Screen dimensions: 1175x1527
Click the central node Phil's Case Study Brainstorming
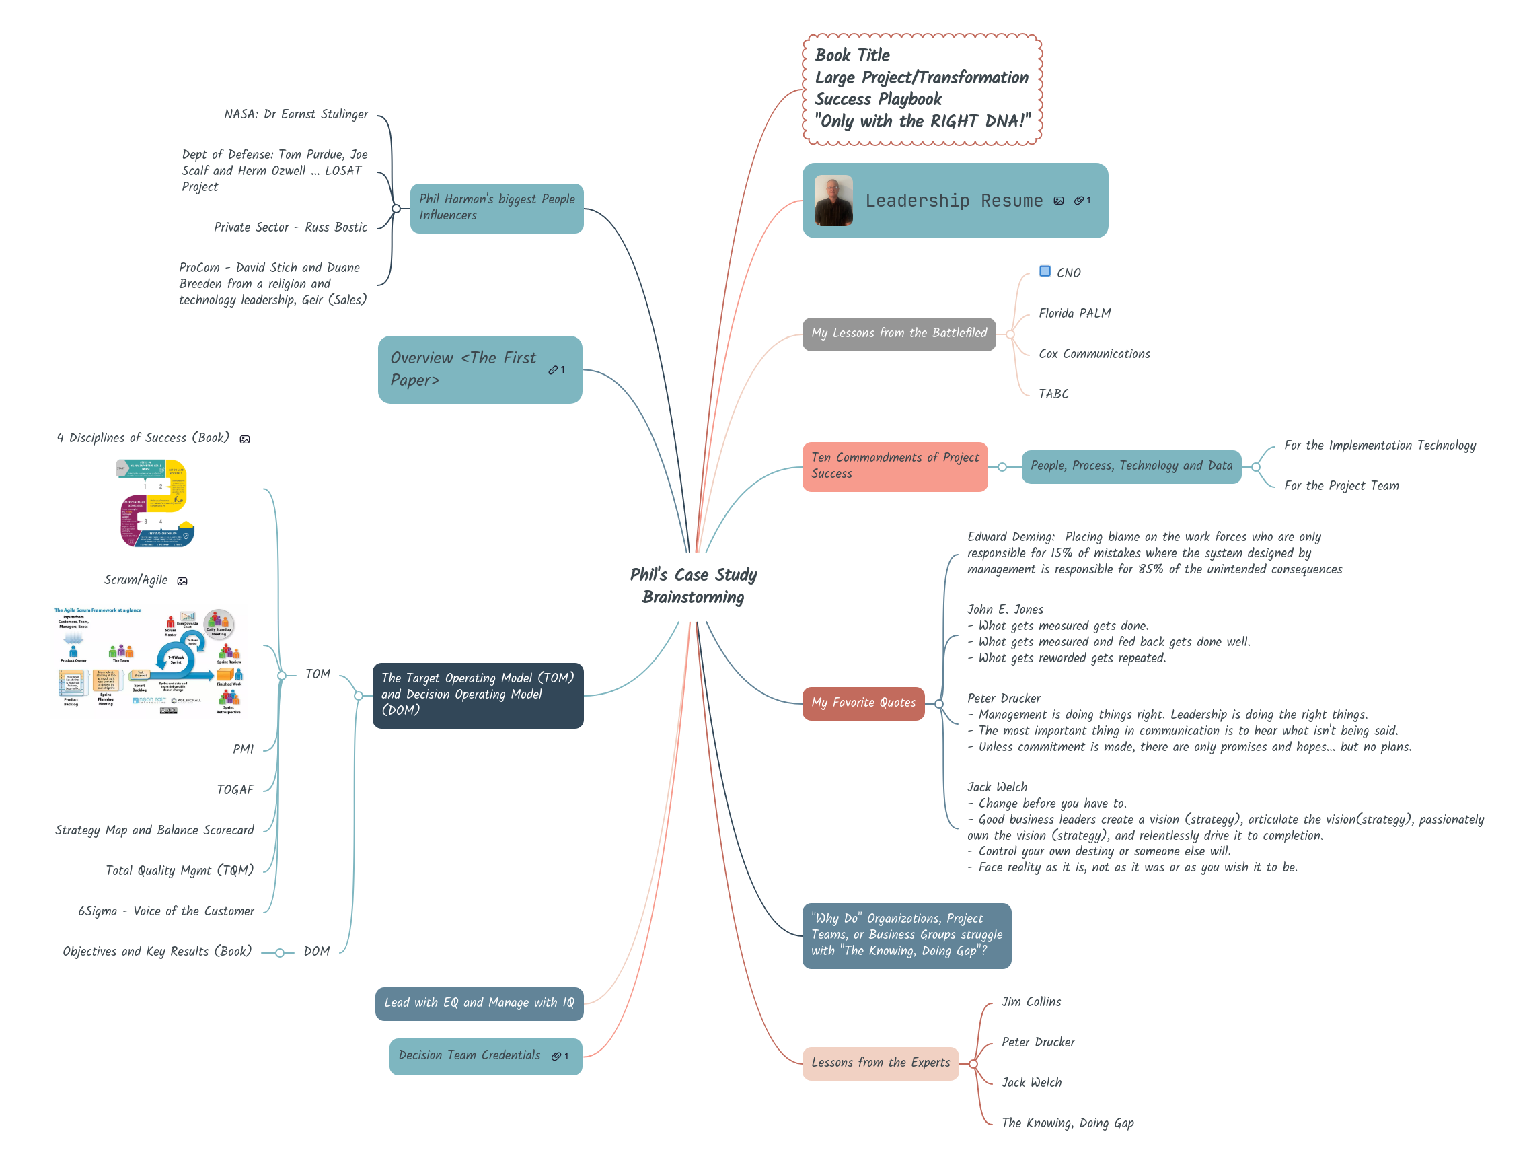click(693, 585)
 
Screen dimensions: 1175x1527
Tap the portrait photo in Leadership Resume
click(833, 201)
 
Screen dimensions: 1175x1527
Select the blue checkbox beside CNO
click(1045, 271)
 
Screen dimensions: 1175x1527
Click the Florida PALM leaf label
click(1074, 314)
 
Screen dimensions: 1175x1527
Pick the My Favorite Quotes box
click(863, 703)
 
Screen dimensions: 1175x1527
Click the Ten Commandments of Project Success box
click(894, 466)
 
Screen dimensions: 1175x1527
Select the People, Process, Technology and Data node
click(1131, 466)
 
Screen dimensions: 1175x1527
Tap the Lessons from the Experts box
click(881, 1063)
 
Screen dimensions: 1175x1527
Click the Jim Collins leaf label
click(1031, 1002)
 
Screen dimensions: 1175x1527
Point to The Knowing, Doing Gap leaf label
click(1067, 1123)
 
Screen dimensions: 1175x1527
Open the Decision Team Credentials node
click(470, 1055)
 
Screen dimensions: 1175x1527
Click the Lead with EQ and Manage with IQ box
click(479, 1003)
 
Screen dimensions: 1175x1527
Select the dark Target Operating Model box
click(478, 695)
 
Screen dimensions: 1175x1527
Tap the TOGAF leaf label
click(235, 789)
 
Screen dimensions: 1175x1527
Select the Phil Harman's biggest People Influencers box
click(496, 208)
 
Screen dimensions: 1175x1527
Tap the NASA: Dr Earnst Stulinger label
click(296, 114)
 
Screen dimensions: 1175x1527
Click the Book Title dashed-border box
click(922, 89)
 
